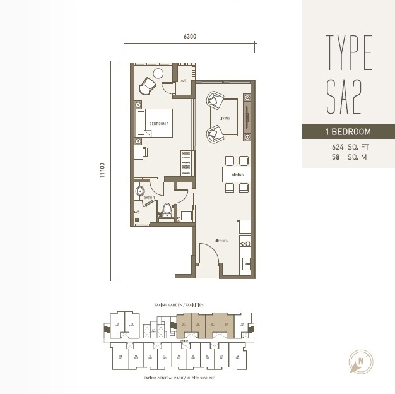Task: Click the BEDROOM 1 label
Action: [158, 124]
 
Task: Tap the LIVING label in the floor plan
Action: [225, 118]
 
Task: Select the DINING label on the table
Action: [237, 174]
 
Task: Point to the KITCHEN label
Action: [221, 241]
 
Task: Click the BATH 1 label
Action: [149, 198]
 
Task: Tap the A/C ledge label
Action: [184, 81]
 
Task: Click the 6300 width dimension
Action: [190, 36]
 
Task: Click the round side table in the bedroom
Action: [158, 73]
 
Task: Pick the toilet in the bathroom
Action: [167, 210]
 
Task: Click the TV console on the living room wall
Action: [247, 117]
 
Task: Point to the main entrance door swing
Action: [209, 259]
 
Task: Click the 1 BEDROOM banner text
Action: [348, 133]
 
